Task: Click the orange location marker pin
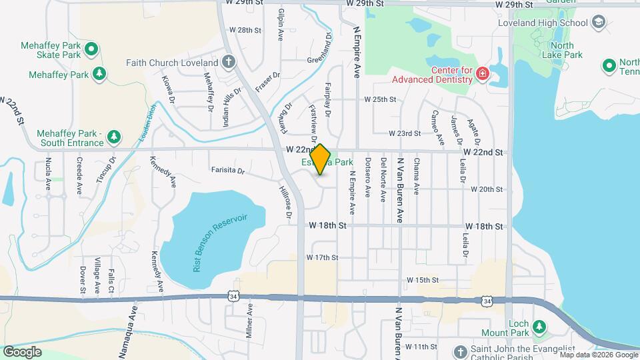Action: [x=321, y=160]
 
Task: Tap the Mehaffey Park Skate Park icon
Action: [x=92, y=49]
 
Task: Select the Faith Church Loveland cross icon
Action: [x=229, y=63]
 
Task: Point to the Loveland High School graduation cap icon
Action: [x=598, y=22]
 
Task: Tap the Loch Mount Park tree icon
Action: [x=539, y=327]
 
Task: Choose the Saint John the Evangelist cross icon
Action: [x=459, y=351]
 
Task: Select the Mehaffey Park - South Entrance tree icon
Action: [x=114, y=137]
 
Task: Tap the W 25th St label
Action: [x=380, y=99]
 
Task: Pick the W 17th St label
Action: [x=323, y=257]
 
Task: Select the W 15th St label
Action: [x=423, y=280]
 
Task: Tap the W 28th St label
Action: [x=245, y=30]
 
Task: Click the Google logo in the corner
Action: [x=22, y=351]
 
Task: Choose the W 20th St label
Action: [x=486, y=189]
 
